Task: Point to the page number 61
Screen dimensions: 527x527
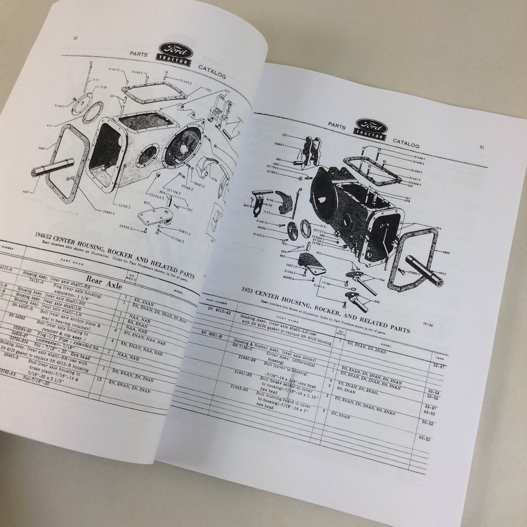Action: coord(482,147)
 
